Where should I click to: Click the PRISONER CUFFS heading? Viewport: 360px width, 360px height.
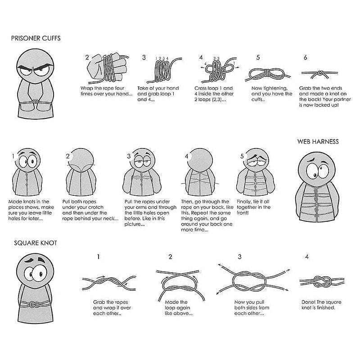[36, 38]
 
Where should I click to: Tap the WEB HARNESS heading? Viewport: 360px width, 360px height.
[318, 141]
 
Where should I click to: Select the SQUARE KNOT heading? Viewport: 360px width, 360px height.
[36, 243]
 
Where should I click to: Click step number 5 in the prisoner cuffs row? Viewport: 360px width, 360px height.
[258, 58]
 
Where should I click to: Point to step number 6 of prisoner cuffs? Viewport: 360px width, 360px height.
[306, 58]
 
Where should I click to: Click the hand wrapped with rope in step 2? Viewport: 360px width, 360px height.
[107, 68]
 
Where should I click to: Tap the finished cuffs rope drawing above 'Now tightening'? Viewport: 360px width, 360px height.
[267, 74]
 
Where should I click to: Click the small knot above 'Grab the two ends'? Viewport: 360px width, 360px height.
[319, 73]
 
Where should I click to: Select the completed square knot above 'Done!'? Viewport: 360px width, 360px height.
[322, 282]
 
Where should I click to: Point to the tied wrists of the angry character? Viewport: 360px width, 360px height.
[35, 101]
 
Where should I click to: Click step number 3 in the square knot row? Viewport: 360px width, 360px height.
[240, 256]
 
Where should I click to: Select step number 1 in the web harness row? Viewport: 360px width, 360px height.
[13, 156]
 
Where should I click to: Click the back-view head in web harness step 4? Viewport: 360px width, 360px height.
[199, 159]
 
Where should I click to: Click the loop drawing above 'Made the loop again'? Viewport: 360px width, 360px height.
[180, 285]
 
